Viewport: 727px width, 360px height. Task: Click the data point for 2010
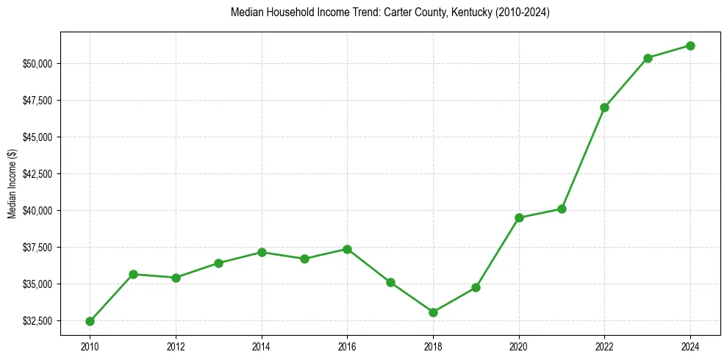pos(90,321)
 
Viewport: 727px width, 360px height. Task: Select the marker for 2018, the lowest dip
pos(433,312)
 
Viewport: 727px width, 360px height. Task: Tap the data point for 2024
pos(690,46)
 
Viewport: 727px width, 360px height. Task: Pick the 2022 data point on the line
pos(604,107)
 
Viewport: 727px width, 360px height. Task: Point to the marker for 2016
pos(347,249)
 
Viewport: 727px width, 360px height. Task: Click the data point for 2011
pos(133,274)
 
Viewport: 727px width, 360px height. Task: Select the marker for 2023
pos(648,58)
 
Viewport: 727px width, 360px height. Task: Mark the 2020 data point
pos(519,217)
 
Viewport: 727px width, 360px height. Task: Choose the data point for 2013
pos(218,263)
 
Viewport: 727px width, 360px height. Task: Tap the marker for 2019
pos(476,287)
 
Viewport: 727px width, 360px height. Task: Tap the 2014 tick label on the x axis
pos(262,345)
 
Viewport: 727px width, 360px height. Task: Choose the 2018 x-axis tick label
pos(433,345)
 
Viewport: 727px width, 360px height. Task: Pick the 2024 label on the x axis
pos(690,345)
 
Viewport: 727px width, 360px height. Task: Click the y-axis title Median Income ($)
pos(12,184)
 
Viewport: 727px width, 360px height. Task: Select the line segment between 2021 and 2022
pos(583,158)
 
